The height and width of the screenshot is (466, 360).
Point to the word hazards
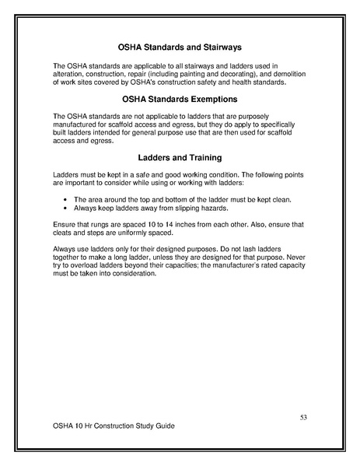[219, 208]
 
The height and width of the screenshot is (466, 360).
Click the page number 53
[304, 418]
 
